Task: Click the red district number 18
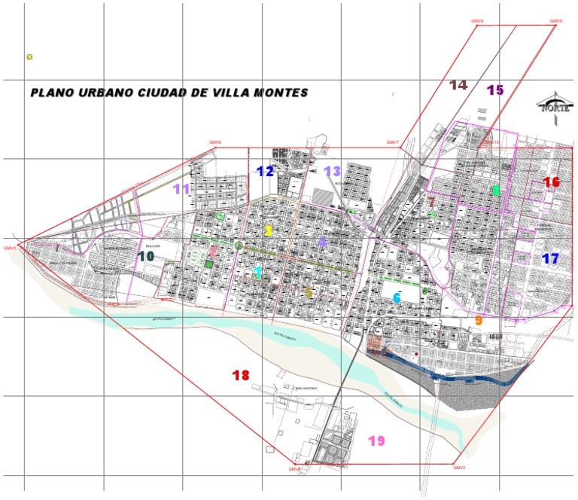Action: pyautogui.click(x=241, y=375)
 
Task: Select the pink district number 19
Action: pyautogui.click(x=376, y=441)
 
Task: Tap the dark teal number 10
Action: pyautogui.click(x=146, y=257)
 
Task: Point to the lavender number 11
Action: pyautogui.click(x=181, y=189)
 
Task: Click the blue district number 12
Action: pyautogui.click(x=265, y=171)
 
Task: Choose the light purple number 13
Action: pyautogui.click(x=333, y=171)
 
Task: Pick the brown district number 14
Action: pyautogui.click(x=458, y=85)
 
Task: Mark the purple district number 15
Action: pyautogui.click(x=495, y=90)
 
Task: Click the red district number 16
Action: pyautogui.click(x=552, y=182)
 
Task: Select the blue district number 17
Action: pyautogui.click(x=551, y=259)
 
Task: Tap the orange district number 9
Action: pyautogui.click(x=478, y=321)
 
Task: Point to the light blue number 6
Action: pyautogui.click(x=397, y=298)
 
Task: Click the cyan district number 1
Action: pyautogui.click(x=257, y=272)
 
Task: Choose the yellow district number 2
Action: pyautogui.click(x=268, y=231)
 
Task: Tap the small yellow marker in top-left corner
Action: pyautogui.click(x=29, y=56)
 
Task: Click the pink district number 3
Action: pyautogui.click(x=213, y=252)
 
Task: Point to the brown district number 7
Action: pyautogui.click(x=431, y=202)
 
